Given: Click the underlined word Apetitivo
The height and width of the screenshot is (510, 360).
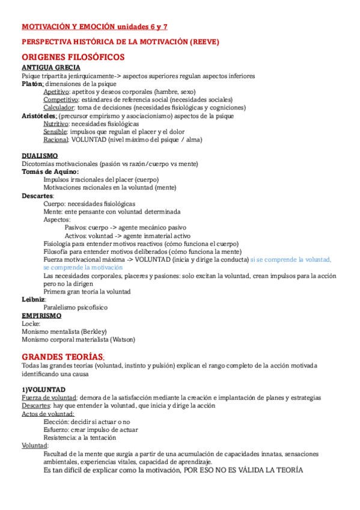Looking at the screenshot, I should pyautogui.click(x=55, y=92).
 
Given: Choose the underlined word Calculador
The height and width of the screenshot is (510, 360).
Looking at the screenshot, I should pyautogui.click(x=58, y=108).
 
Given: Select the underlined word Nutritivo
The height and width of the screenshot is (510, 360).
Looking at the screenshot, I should pyautogui.click(x=55, y=123).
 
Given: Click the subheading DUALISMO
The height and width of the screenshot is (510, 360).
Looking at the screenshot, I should pyautogui.click(x=40, y=156).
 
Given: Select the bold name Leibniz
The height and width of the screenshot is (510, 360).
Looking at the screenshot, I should pyautogui.click(x=32, y=299).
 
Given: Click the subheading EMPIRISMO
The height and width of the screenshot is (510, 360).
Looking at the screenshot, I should pyautogui.click(x=41, y=315).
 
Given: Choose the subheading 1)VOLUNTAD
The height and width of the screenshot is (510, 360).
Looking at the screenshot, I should pyautogui.click(x=43, y=390).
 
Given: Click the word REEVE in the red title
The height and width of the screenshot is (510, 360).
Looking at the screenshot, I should pyautogui.click(x=204, y=41).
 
